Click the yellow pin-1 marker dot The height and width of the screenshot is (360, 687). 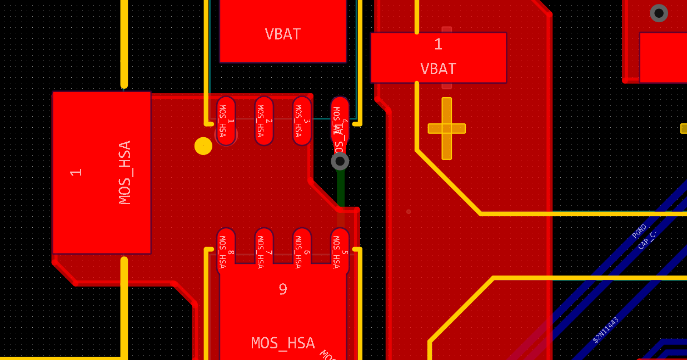coord(203,146)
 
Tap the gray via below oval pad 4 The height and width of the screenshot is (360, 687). coord(340,161)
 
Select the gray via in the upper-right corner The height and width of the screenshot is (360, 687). coord(659,13)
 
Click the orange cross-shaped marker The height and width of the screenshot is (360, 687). coord(447,128)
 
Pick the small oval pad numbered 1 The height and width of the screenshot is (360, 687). coord(226,121)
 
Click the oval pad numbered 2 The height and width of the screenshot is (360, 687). coord(264,121)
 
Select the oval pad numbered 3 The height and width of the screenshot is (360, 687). coord(302,121)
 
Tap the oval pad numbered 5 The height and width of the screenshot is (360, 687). coord(340,251)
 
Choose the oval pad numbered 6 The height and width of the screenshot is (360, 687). coord(302,251)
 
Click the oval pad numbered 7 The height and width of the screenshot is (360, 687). coord(264,251)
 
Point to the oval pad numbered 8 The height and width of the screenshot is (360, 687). coord(226,251)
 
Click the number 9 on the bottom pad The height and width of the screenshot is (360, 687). coord(283,289)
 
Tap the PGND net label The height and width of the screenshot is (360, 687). coord(639,231)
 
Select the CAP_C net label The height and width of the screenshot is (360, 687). coord(647,241)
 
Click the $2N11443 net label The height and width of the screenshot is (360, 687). coord(606,330)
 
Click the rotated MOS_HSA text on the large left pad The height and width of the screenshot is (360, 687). coord(125,172)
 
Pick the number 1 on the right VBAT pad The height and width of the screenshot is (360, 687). coord(438,44)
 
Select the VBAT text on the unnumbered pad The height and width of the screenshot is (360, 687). coord(283,34)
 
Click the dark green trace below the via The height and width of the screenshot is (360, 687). coord(340,189)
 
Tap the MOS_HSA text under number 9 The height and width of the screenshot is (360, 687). coord(283,343)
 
